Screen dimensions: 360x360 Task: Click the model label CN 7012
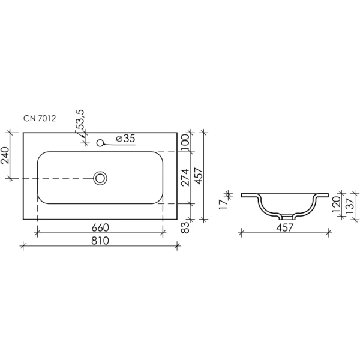[40, 118]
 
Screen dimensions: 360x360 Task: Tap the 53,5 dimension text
[80, 119]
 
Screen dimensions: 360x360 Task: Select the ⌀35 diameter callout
[125, 139]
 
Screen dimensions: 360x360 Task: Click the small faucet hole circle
[100, 143]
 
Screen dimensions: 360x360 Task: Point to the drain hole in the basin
[100, 178]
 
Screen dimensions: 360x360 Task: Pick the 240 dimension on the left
[5, 155]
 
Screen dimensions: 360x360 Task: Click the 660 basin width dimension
[100, 228]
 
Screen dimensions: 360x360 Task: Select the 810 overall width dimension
[100, 241]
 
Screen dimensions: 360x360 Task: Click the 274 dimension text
[185, 177]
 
